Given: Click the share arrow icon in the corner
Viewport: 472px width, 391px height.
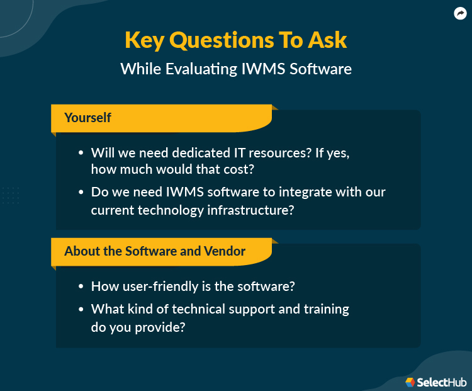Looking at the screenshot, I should pos(460,13).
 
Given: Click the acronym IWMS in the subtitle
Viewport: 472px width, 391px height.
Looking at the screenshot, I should pos(263,69).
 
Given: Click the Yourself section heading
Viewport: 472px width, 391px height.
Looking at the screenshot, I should pos(87,118).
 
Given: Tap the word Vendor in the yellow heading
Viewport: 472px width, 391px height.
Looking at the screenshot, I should pos(225,251).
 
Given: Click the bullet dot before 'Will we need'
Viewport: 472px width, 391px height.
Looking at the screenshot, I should pos(81,153).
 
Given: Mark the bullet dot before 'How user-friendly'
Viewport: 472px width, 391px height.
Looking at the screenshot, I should pos(81,286).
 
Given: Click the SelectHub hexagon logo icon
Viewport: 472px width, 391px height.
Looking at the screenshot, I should pos(410,382).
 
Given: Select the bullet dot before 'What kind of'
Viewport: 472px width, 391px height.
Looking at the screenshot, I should pos(81,309).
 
